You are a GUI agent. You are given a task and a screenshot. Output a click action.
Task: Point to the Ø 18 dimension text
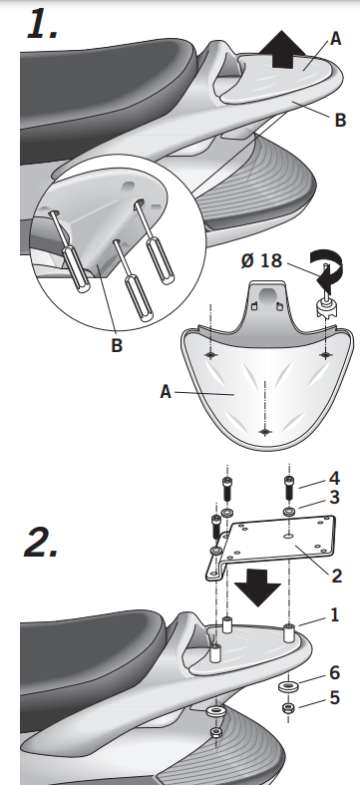click(263, 260)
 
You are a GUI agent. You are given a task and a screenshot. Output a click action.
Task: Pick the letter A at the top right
click(336, 38)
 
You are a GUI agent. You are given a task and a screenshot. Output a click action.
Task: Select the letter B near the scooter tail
click(340, 121)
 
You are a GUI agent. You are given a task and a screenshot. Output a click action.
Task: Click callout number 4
click(334, 477)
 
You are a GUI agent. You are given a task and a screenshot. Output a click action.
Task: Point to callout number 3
click(334, 496)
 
